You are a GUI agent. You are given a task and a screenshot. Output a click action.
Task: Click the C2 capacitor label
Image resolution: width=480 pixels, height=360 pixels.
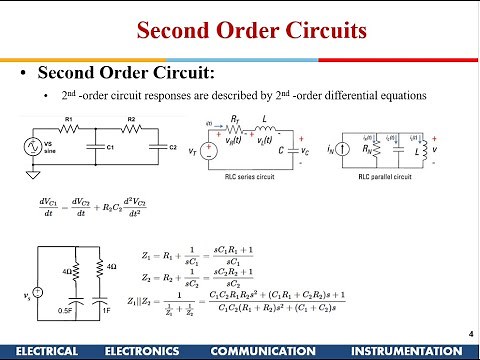[x=171, y=147]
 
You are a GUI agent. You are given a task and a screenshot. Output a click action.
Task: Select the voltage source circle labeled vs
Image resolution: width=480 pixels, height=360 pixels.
[x=38, y=292]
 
